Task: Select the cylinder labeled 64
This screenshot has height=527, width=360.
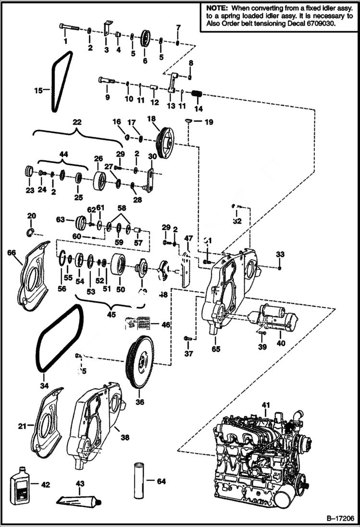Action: [138, 480]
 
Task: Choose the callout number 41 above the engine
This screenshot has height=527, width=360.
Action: [265, 405]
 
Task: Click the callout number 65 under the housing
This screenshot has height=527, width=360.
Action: [216, 349]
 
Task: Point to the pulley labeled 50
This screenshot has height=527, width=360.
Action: [118, 265]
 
